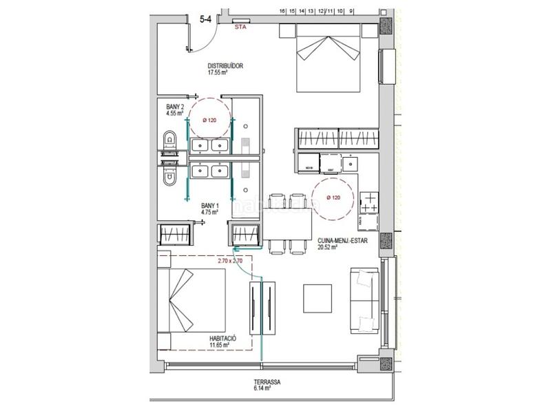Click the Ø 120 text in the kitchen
click(333, 198)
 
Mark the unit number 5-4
click(205, 20)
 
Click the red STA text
click(240, 29)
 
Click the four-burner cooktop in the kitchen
click(370, 200)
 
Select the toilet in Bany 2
click(168, 142)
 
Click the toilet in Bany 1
click(168, 178)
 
